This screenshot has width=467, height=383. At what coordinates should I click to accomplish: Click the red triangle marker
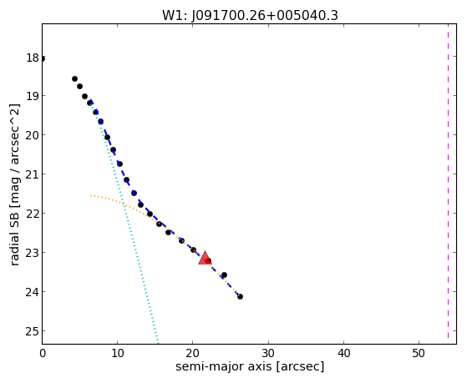point(205,258)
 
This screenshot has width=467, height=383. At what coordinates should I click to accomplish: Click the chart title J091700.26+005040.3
point(265,16)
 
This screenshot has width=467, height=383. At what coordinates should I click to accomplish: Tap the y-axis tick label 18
point(33,58)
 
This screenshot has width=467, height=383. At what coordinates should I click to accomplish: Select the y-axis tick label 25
point(33,331)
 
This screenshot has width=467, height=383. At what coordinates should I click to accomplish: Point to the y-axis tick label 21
point(33,174)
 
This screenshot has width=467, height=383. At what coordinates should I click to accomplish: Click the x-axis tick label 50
point(419,353)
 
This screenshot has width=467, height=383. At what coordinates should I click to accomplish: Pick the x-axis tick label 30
point(268,353)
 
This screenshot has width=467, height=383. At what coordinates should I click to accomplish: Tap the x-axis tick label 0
point(43,353)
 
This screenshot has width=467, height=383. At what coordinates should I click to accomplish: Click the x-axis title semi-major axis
point(223,366)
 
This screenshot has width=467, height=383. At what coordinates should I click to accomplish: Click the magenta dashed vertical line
point(448,181)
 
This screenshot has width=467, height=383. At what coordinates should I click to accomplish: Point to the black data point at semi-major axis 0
point(43,59)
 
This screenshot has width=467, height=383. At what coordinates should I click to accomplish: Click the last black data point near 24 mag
point(240,297)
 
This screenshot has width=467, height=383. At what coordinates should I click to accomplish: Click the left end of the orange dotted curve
point(91,195)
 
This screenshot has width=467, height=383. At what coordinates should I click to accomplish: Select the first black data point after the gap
point(74,79)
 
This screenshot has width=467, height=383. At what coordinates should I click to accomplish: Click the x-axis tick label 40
point(343,353)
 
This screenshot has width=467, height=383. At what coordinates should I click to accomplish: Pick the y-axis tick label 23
point(33,253)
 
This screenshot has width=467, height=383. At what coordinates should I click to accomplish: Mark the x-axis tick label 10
point(118,353)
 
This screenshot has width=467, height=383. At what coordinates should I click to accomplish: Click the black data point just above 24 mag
point(224,275)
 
